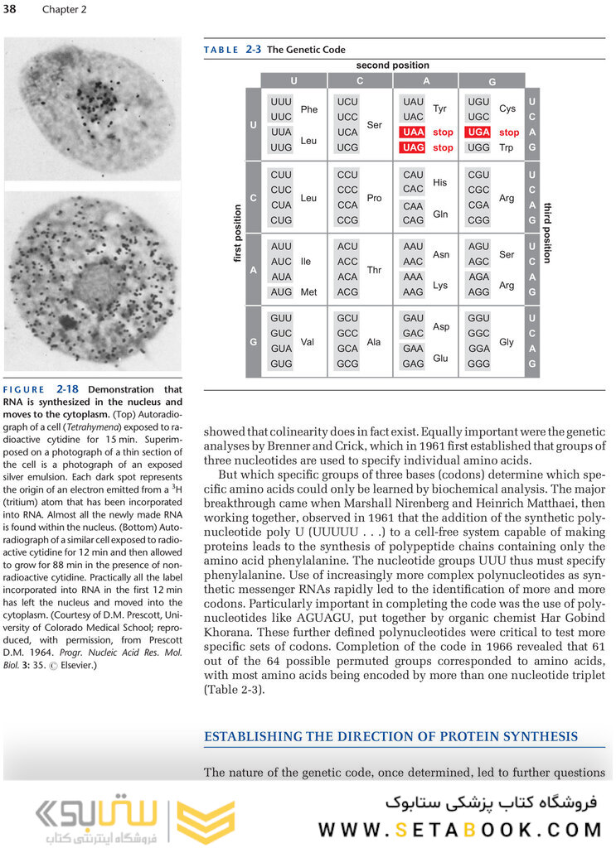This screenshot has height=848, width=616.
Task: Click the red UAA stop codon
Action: (x=413, y=132)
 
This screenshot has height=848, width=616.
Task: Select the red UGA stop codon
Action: (x=479, y=132)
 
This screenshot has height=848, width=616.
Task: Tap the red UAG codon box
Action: (x=413, y=147)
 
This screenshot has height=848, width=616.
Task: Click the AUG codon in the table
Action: (x=281, y=292)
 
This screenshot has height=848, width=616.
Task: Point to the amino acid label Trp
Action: (x=507, y=147)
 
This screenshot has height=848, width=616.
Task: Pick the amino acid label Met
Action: (x=308, y=292)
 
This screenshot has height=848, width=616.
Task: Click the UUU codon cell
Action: (x=281, y=102)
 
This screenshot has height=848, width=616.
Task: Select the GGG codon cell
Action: (x=479, y=364)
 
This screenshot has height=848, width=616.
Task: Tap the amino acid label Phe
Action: (x=308, y=109)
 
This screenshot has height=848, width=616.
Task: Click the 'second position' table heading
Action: (x=393, y=65)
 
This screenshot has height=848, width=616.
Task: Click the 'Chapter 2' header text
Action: (x=64, y=10)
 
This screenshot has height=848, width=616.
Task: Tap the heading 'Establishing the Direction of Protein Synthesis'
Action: (x=391, y=736)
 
